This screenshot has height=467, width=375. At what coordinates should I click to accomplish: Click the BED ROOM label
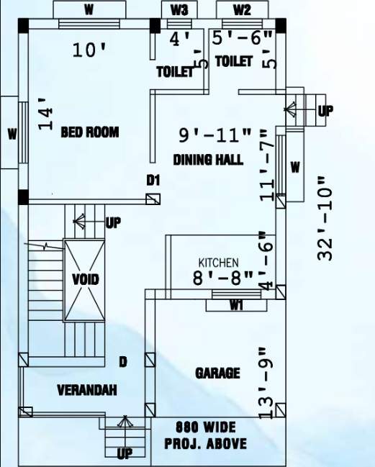(89, 132)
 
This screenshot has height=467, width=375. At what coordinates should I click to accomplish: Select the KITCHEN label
(218, 263)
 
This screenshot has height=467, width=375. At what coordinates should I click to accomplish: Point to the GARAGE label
(217, 373)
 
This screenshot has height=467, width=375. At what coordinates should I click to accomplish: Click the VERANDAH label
(87, 390)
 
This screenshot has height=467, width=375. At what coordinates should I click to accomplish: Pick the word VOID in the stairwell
(86, 279)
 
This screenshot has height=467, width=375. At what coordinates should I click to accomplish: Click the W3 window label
(179, 10)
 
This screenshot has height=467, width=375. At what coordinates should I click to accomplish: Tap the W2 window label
(243, 10)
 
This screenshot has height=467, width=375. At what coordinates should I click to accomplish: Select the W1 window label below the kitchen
(236, 306)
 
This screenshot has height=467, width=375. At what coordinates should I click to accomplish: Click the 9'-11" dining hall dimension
(215, 135)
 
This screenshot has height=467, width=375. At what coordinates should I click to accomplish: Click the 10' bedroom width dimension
(90, 50)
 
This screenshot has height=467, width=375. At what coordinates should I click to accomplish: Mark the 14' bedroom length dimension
(46, 114)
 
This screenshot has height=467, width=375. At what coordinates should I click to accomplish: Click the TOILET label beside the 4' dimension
(175, 72)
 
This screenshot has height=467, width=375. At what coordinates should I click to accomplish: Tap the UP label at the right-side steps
(325, 111)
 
